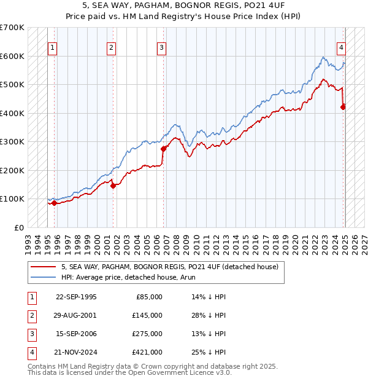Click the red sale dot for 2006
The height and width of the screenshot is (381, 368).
tap(164, 149)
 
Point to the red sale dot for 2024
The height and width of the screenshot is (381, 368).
tap(343, 107)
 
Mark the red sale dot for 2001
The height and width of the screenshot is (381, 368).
tap(113, 186)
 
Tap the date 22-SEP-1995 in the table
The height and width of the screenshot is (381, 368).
tap(76, 297)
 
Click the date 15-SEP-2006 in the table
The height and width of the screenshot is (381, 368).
tap(76, 334)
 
